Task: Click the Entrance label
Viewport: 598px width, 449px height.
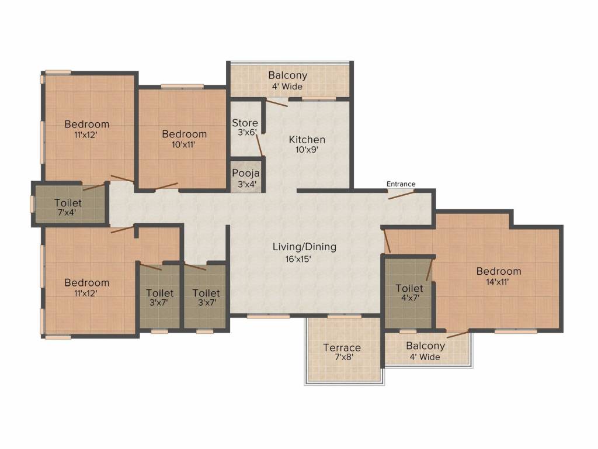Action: coord(401,184)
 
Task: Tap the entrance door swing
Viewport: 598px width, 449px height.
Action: coord(401,195)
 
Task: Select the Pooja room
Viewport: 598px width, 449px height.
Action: coord(246,175)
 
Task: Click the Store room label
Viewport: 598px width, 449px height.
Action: coord(245,123)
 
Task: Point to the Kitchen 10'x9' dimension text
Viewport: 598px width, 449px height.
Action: coord(307,150)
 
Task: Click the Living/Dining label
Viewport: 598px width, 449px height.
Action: coord(304,247)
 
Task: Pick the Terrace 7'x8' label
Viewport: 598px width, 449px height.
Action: coord(342,353)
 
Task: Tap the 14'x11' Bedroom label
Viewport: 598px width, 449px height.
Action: coord(499,277)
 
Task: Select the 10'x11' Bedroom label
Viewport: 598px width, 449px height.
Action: coord(184,139)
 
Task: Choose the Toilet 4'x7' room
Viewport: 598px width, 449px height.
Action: coord(408,293)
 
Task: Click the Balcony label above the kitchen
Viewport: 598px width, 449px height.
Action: coord(287,75)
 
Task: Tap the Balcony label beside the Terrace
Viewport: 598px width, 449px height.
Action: coord(425,346)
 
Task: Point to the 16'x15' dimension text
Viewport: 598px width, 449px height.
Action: coord(298,259)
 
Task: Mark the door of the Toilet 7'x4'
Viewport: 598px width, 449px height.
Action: coord(94,186)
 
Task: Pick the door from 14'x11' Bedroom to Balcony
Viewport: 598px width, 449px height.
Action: coord(458,334)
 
